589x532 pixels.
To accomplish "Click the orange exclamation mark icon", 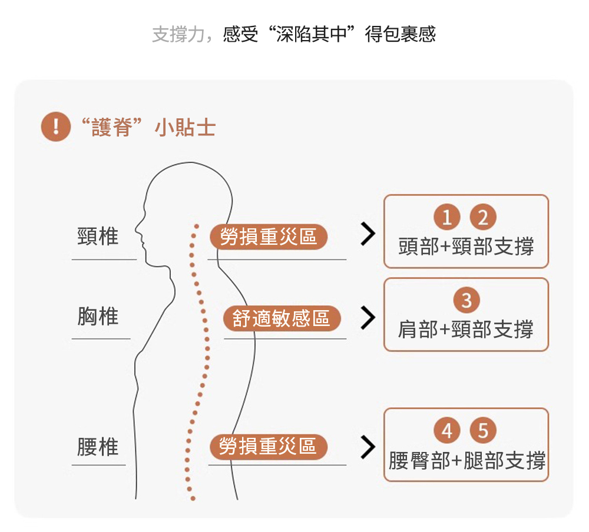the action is pyautogui.click(x=56, y=128).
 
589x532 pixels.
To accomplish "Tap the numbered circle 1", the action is pyautogui.click(x=447, y=218).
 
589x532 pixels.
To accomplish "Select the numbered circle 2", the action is pyautogui.click(x=483, y=218).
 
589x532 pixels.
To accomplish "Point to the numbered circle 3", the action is pyautogui.click(x=466, y=301).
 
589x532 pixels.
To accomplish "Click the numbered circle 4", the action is pyautogui.click(x=447, y=431).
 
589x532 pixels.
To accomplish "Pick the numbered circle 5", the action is pyautogui.click(x=483, y=431).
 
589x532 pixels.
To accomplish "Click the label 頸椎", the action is pyautogui.click(x=98, y=237).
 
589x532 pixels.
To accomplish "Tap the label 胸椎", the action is pyautogui.click(x=98, y=317).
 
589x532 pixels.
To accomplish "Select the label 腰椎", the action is pyautogui.click(x=98, y=447).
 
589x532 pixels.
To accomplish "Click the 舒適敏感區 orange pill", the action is pyautogui.click(x=282, y=320).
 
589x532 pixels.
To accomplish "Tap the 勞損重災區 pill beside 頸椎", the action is pyautogui.click(x=269, y=237).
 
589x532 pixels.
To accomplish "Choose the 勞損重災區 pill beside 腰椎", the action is pyautogui.click(x=269, y=447).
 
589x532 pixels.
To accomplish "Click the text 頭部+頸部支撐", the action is pyautogui.click(x=466, y=247).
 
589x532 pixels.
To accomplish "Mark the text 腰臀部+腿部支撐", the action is pyautogui.click(x=466, y=460).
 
